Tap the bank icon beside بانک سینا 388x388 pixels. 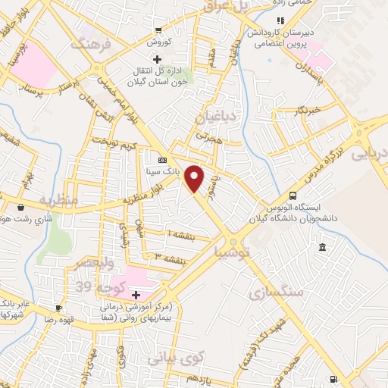click(x=161, y=160)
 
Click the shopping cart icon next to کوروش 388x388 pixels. click(x=158, y=30)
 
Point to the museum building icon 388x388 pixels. click(x=323, y=248)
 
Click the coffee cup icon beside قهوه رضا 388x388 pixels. click(x=59, y=308)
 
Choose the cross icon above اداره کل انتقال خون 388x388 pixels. click(x=157, y=59)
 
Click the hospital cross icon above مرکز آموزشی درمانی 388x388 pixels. click(x=136, y=294)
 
